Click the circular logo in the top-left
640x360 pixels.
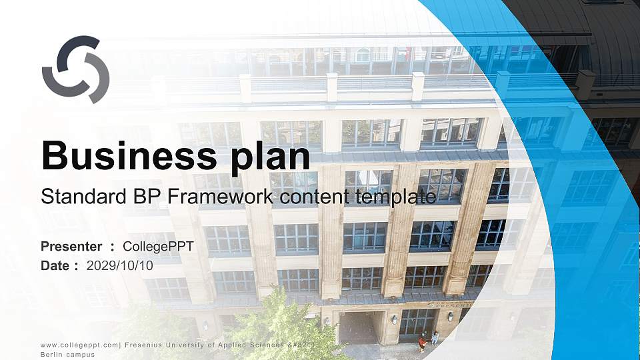click(75, 69)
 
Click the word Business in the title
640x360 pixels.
click(123, 156)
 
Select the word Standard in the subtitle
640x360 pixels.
click(74, 197)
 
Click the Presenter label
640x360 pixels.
click(71, 247)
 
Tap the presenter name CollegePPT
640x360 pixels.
click(158, 247)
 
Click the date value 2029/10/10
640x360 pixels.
click(119, 265)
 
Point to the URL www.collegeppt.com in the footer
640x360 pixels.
click(79, 344)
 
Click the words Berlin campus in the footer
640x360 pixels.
click(67, 354)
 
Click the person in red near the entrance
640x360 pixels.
click(422, 342)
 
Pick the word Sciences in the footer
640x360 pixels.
click(265, 344)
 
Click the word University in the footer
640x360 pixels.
click(189, 344)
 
